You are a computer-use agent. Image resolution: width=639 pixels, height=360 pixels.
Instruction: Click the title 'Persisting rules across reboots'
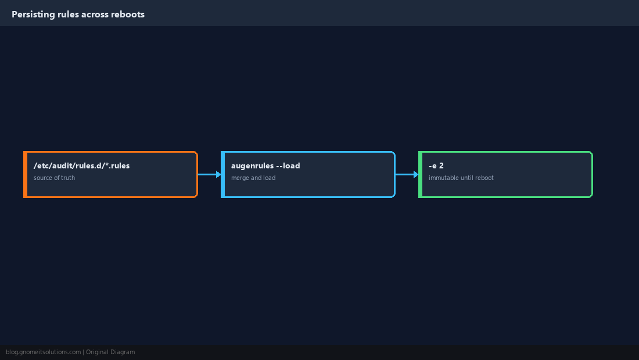tap(78, 15)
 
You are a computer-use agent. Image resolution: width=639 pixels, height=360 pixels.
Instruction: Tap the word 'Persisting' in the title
tap(34, 15)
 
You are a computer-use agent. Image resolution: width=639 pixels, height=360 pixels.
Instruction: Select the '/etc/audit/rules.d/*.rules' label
tap(81, 165)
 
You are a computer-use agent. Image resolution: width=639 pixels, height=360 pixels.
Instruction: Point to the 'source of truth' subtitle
tap(54, 178)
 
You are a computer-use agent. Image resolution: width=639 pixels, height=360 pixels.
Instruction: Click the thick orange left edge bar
tap(25, 174)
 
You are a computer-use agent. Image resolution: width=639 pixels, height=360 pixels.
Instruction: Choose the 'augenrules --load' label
tap(265, 165)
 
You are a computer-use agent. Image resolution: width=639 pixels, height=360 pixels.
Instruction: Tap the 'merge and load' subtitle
tap(253, 178)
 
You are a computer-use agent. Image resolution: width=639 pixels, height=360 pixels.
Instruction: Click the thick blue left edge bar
tap(223, 174)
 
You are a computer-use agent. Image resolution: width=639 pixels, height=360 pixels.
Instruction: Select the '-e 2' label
tap(436, 165)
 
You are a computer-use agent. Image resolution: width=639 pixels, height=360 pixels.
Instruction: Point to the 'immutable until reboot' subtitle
tap(461, 178)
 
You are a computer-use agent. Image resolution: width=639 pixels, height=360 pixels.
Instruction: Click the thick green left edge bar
tap(421, 174)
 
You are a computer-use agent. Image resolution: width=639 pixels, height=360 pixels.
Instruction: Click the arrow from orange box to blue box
tap(210, 174)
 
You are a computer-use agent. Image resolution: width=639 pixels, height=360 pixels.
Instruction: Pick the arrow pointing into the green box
tap(407, 174)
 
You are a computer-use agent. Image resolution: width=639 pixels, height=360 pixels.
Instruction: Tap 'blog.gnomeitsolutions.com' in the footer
tap(43, 352)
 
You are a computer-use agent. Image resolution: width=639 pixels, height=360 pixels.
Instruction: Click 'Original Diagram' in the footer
tap(110, 352)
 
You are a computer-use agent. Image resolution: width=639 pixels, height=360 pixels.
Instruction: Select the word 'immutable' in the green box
tap(442, 178)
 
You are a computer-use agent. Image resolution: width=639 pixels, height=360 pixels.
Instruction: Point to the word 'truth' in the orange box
tap(68, 178)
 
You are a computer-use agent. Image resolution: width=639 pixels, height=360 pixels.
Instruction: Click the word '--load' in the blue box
tap(288, 165)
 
